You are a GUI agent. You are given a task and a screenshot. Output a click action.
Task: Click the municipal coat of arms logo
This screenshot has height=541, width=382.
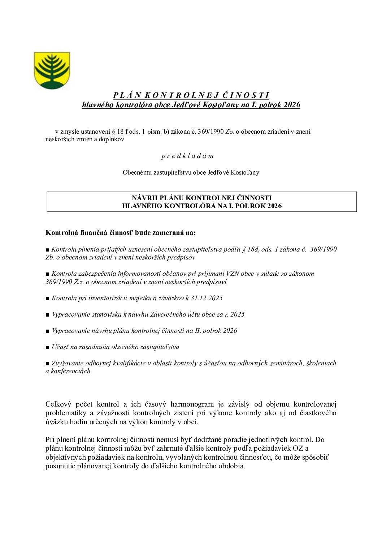click(x=52, y=70)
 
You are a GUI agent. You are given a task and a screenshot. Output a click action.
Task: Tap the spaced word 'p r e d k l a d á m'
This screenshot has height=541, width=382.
click(x=187, y=156)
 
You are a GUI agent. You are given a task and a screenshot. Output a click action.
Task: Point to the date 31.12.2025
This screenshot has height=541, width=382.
click(x=207, y=298)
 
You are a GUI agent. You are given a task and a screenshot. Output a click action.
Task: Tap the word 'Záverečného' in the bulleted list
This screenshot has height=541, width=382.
click(x=167, y=314)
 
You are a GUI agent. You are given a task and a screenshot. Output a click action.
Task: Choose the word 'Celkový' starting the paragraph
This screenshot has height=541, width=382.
click(x=58, y=404)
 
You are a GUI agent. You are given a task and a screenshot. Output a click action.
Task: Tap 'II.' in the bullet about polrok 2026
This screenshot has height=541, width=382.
click(x=197, y=331)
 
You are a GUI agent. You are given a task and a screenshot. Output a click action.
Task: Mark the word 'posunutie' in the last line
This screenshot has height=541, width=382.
click(x=60, y=466)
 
